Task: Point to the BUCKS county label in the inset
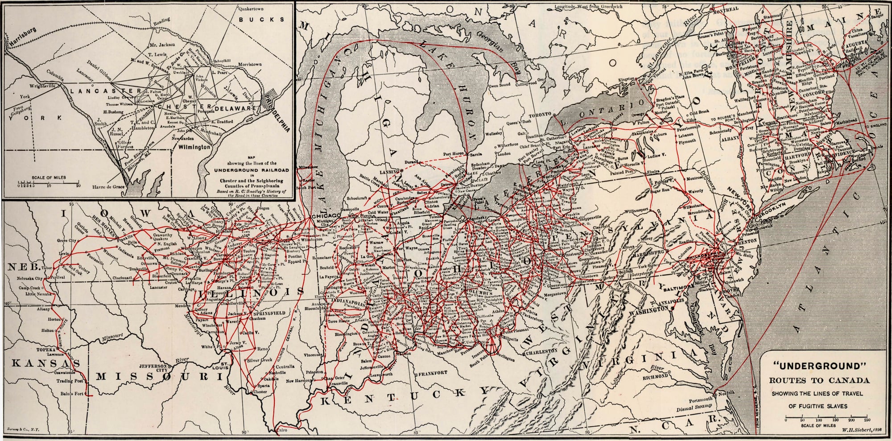coord(261,20)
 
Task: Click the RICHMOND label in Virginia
coord(654,376)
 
